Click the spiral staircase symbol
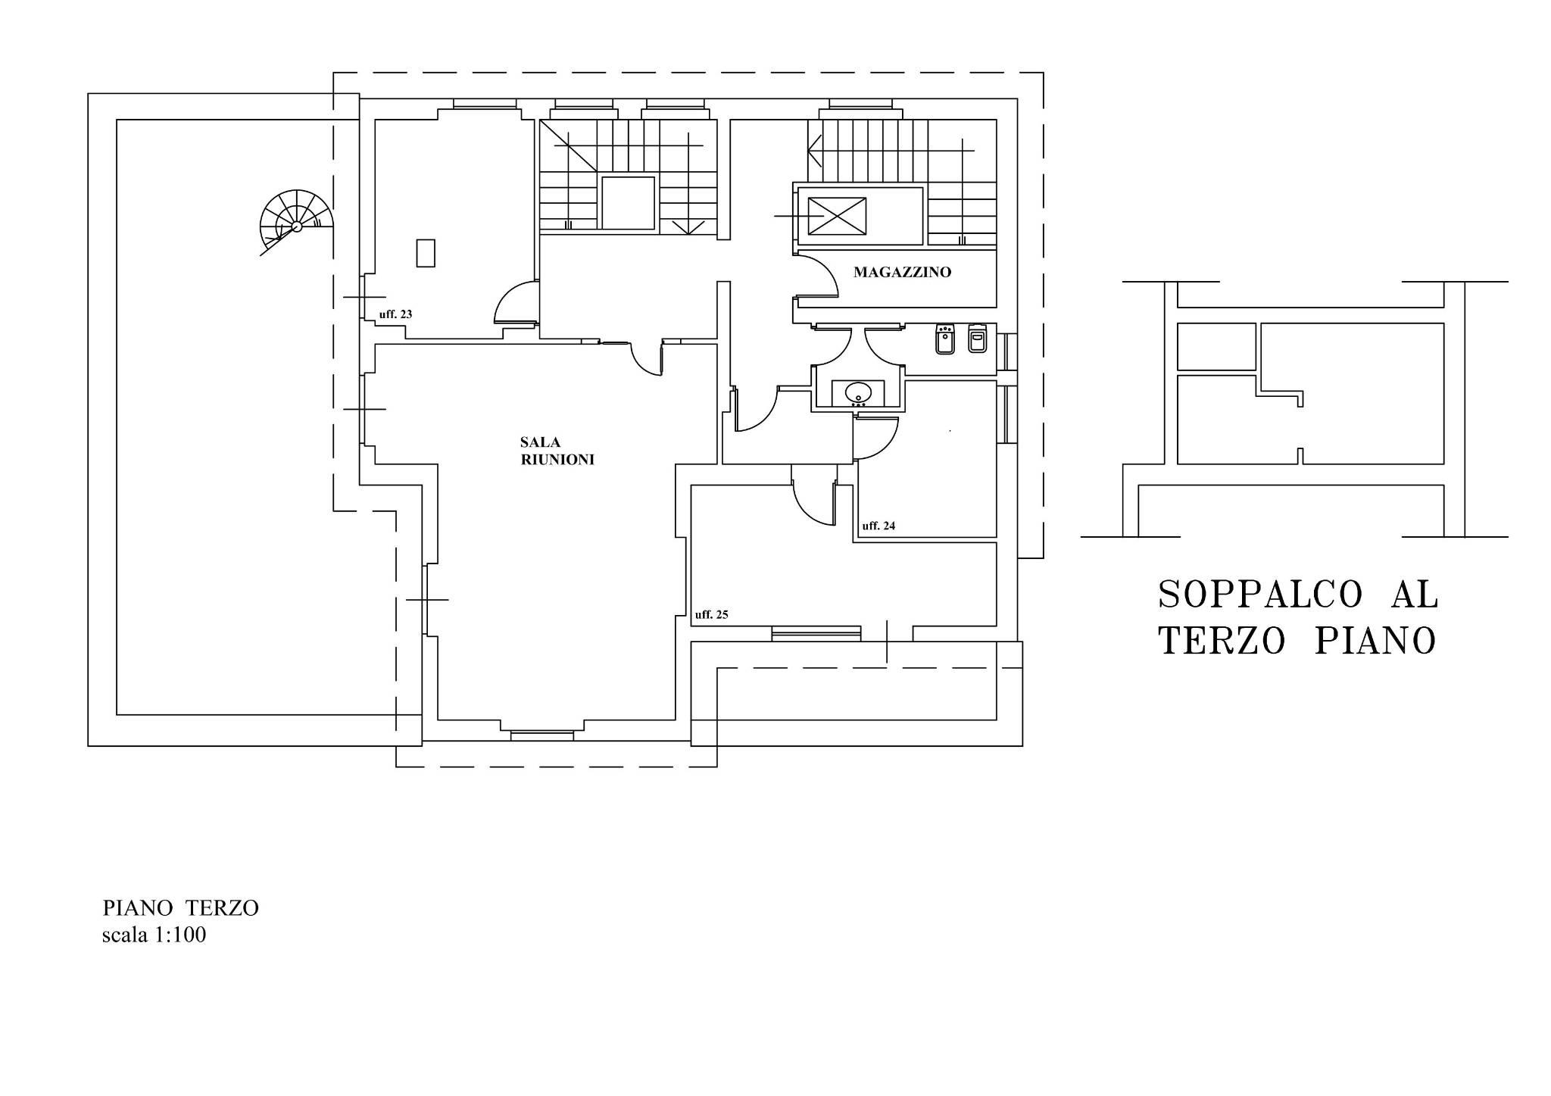point(296,221)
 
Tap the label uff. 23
point(395,314)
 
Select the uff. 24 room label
point(878,526)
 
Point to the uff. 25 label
point(712,614)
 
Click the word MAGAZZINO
point(902,272)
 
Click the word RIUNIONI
point(557,460)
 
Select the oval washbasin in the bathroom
point(859,392)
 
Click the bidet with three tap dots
point(944,339)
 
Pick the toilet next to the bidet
point(977,339)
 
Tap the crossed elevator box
point(837,217)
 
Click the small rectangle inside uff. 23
point(426,253)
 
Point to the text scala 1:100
point(154,935)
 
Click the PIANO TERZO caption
point(181,907)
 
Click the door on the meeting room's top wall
point(646,358)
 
